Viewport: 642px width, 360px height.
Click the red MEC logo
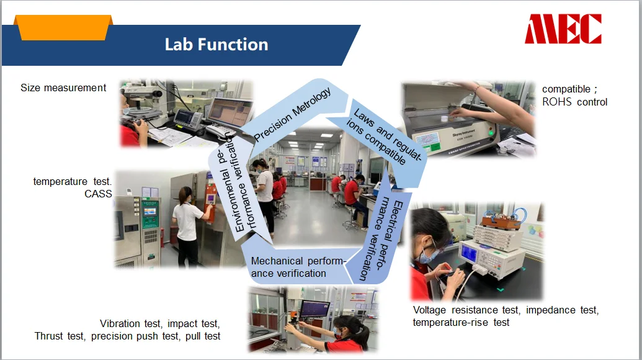pos(563,29)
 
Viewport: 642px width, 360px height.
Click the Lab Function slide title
pos(216,44)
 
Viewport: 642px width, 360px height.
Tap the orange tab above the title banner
pos(63,27)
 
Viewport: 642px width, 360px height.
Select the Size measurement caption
pos(63,88)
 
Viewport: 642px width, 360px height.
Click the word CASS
pos(98,194)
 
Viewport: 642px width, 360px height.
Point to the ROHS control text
pos(575,102)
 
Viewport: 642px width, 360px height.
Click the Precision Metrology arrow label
pos(292,114)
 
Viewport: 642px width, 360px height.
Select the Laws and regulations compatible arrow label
pos(383,137)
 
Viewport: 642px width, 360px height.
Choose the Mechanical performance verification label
pos(298,267)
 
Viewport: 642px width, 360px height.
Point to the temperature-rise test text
pos(461,322)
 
